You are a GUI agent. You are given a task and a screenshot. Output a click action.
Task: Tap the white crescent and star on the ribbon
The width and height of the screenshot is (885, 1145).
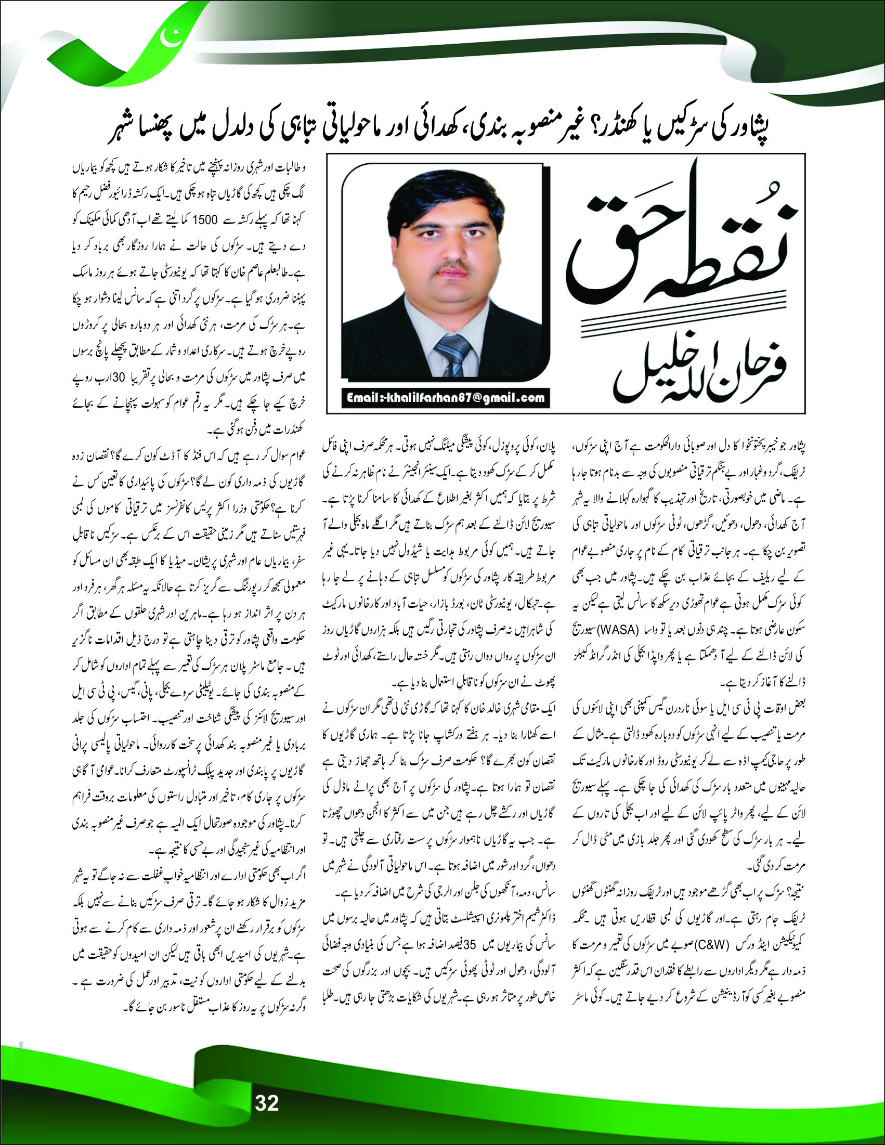(x=172, y=37)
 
